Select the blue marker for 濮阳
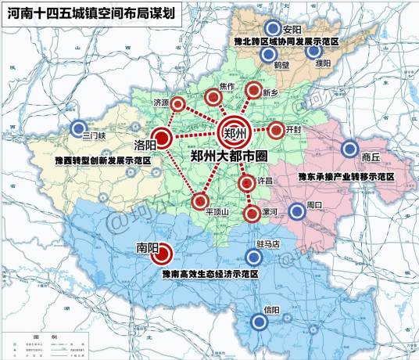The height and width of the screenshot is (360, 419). [314, 52]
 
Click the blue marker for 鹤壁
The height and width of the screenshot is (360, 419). [268, 54]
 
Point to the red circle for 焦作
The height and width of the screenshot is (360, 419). [213, 97]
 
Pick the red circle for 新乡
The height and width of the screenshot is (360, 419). [252, 91]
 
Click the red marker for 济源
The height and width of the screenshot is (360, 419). [178, 104]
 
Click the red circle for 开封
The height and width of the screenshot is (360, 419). [275, 130]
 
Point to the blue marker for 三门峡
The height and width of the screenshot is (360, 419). [78, 128]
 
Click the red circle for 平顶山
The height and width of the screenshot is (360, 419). [199, 201]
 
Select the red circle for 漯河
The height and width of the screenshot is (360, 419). [252, 213]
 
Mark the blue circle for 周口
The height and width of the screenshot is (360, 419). [296, 211]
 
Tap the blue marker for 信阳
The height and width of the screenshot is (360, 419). [260, 321]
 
